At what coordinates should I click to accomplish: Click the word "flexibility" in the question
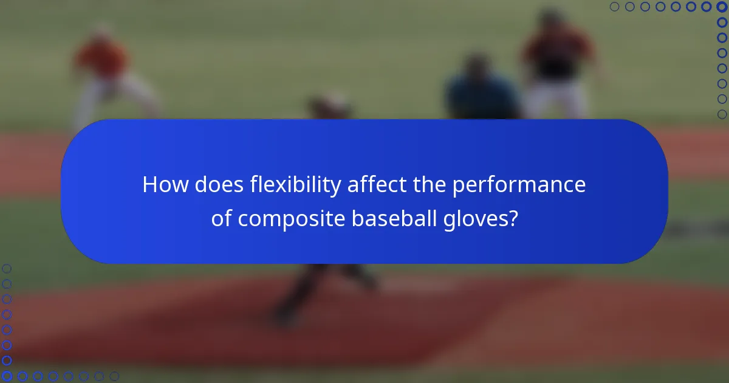pos(295,185)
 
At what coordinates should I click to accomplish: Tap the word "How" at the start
pos(165,185)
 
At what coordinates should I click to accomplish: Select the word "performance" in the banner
pos(519,185)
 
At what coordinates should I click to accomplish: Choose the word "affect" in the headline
pos(375,185)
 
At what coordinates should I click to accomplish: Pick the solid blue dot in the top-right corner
pos(722,7)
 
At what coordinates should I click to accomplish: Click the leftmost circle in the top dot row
pos(614,7)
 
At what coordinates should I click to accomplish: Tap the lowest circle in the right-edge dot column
pos(722,114)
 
